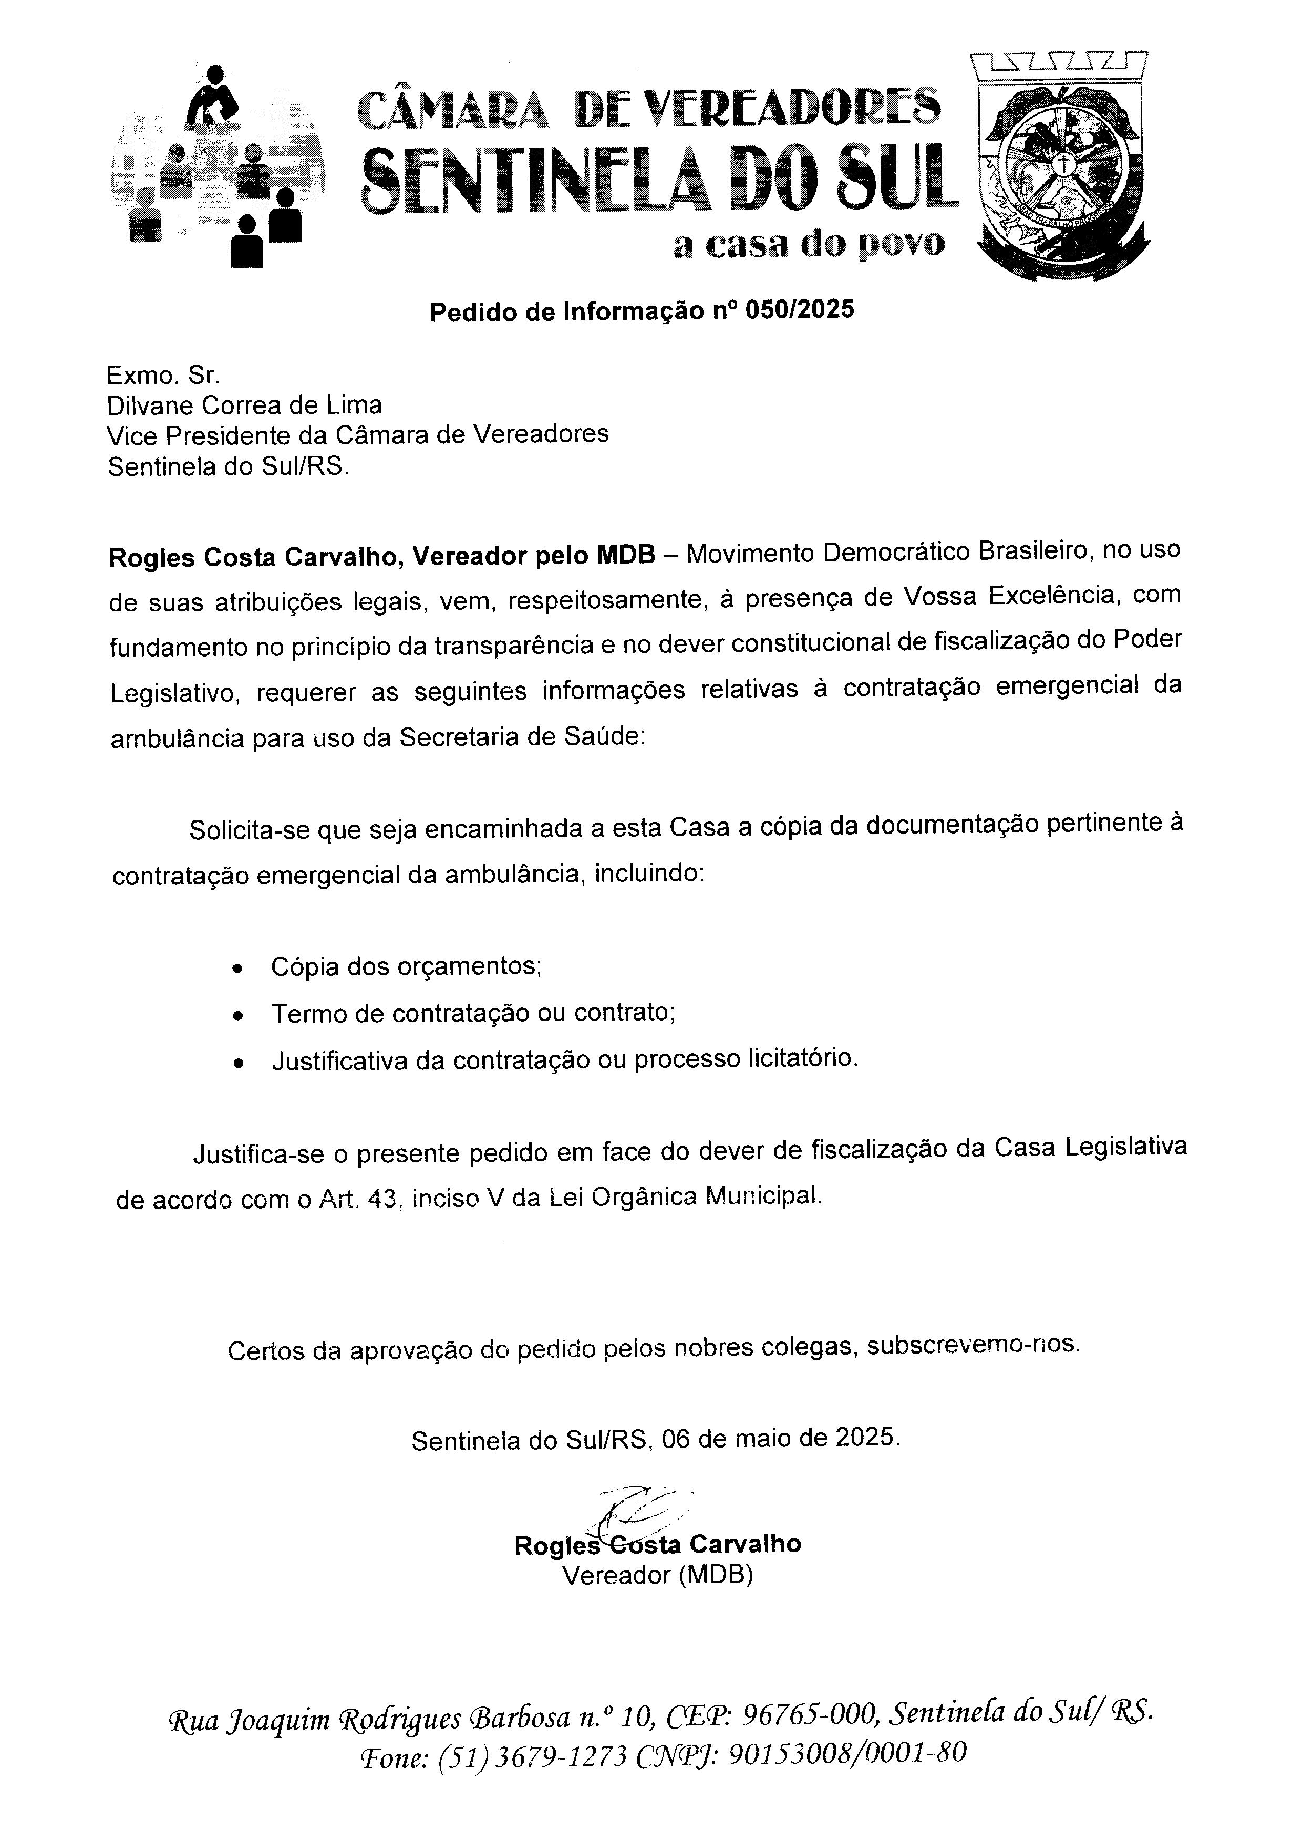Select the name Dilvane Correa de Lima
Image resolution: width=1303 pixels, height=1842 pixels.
tap(245, 404)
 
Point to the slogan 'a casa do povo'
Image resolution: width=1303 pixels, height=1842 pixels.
tap(809, 244)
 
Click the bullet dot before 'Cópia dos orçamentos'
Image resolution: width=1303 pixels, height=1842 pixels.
tap(236, 969)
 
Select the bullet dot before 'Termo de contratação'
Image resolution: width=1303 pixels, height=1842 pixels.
tap(236, 1016)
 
